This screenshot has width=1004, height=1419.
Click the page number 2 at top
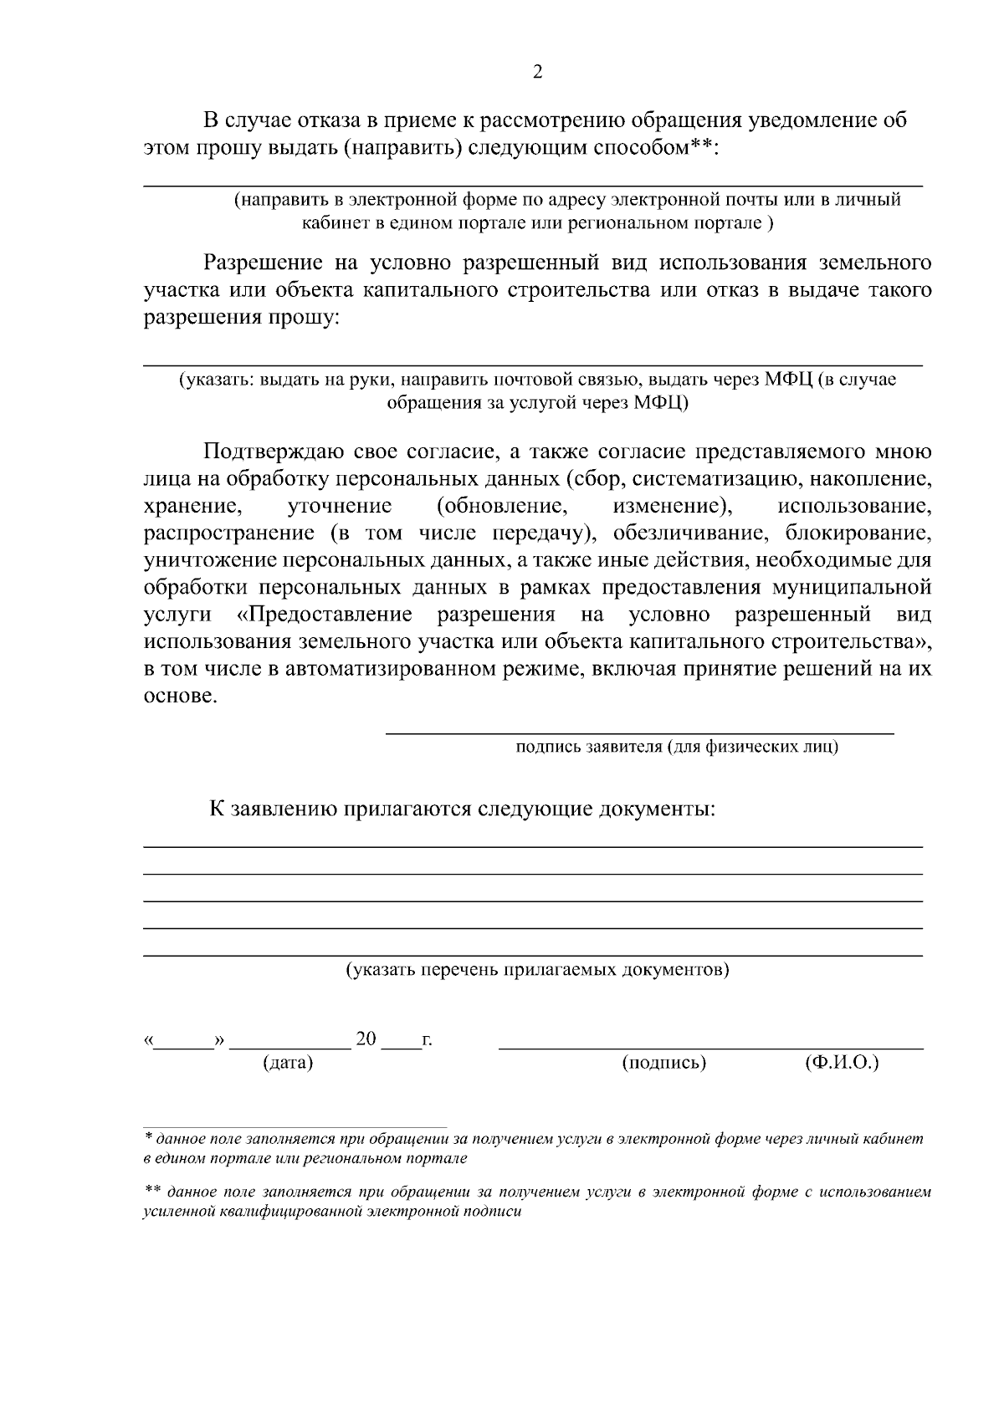coord(537,72)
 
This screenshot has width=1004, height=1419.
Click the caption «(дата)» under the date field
coord(288,1063)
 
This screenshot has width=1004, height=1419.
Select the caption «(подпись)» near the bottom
coord(664,1063)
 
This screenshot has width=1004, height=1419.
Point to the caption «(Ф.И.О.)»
coord(842,1063)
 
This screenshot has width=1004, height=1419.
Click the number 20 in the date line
coord(366,1039)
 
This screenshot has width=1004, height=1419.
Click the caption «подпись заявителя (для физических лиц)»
coord(677,746)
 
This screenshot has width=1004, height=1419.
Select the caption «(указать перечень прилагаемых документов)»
coord(538,970)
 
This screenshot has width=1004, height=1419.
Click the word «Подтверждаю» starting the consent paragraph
coord(268,452)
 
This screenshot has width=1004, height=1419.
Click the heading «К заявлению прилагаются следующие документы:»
coord(462,809)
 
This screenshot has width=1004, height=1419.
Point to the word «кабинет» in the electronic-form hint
coord(330,223)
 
